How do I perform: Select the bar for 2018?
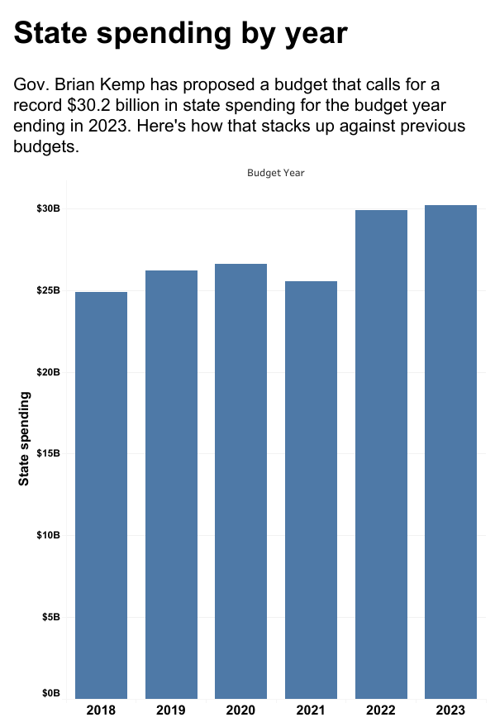tap(101, 495)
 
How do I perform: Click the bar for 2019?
tap(171, 484)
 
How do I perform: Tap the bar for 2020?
tap(240, 481)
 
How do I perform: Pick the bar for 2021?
tap(311, 490)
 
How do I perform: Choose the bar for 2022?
tap(381, 454)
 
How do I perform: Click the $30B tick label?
tap(48, 208)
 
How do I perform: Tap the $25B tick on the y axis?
tap(48, 290)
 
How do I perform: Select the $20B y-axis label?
tap(48, 372)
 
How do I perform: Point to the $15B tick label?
tap(48, 453)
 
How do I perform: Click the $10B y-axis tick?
tap(48, 535)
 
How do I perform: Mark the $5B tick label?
tap(50, 617)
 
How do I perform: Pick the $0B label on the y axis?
tap(50, 693)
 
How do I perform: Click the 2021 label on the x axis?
tap(311, 710)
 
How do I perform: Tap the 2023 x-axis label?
tap(450, 710)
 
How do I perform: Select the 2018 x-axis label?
tap(101, 710)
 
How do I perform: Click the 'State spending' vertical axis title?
tap(25, 438)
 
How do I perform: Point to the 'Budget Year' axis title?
tap(276, 173)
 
